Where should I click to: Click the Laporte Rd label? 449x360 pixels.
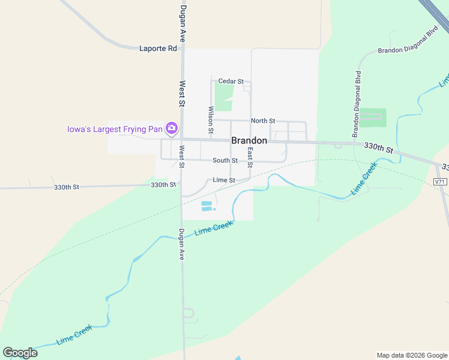[x=158, y=48]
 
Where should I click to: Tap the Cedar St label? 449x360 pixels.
[x=231, y=81]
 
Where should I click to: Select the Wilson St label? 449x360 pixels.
[x=211, y=119]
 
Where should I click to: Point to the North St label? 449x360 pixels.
[x=263, y=121]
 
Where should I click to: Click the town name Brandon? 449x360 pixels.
[x=249, y=140]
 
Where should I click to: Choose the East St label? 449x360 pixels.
[x=250, y=157]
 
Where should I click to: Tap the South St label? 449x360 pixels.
[x=225, y=160]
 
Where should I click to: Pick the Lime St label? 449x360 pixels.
[x=223, y=180]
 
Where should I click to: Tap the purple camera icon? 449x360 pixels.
[x=172, y=128]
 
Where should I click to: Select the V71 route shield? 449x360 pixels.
[x=440, y=181]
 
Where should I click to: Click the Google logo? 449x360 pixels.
[x=20, y=352]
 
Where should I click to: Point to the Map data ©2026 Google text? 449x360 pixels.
[x=412, y=355]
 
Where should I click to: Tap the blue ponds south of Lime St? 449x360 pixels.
[x=207, y=206]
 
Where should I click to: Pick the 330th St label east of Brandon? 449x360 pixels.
[x=378, y=148]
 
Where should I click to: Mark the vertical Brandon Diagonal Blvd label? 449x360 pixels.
[x=357, y=103]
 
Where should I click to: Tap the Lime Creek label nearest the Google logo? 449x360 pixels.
[x=74, y=335]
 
